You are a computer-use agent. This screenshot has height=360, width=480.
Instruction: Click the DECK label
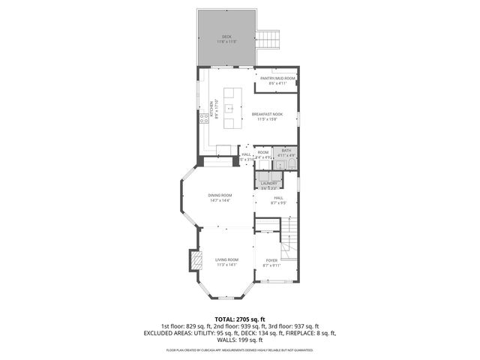(x=226, y=37)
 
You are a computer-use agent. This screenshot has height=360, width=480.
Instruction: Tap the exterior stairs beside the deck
(x=268, y=38)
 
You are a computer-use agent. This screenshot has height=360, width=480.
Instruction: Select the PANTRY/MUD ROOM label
(x=277, y=78)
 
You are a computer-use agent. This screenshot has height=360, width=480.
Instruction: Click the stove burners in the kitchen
(x=202, y=118)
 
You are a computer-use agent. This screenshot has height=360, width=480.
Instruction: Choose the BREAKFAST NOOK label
(x=267, y=114)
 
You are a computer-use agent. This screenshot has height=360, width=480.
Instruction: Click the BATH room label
(x=286, y=151)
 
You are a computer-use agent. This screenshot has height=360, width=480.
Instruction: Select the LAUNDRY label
(x=269, y=183)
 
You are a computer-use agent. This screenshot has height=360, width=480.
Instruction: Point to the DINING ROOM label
(x=220, y=196)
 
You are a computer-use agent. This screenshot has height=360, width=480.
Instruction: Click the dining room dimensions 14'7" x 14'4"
(x=220, y=200)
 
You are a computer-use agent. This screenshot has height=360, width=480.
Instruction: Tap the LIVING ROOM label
(x=226, y=259)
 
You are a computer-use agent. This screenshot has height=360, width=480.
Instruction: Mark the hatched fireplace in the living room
(x=196, y=259)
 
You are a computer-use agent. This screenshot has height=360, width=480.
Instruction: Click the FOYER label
(x=271, y=260)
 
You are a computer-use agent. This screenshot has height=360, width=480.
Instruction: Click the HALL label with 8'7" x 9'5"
(x=277, y=198)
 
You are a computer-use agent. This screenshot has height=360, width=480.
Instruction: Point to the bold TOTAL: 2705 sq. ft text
(x=240, y=319)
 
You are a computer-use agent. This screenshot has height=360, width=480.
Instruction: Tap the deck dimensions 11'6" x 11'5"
(x=226, y=42)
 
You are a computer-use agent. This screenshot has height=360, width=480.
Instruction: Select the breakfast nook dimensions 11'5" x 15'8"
(x=267, y=119)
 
